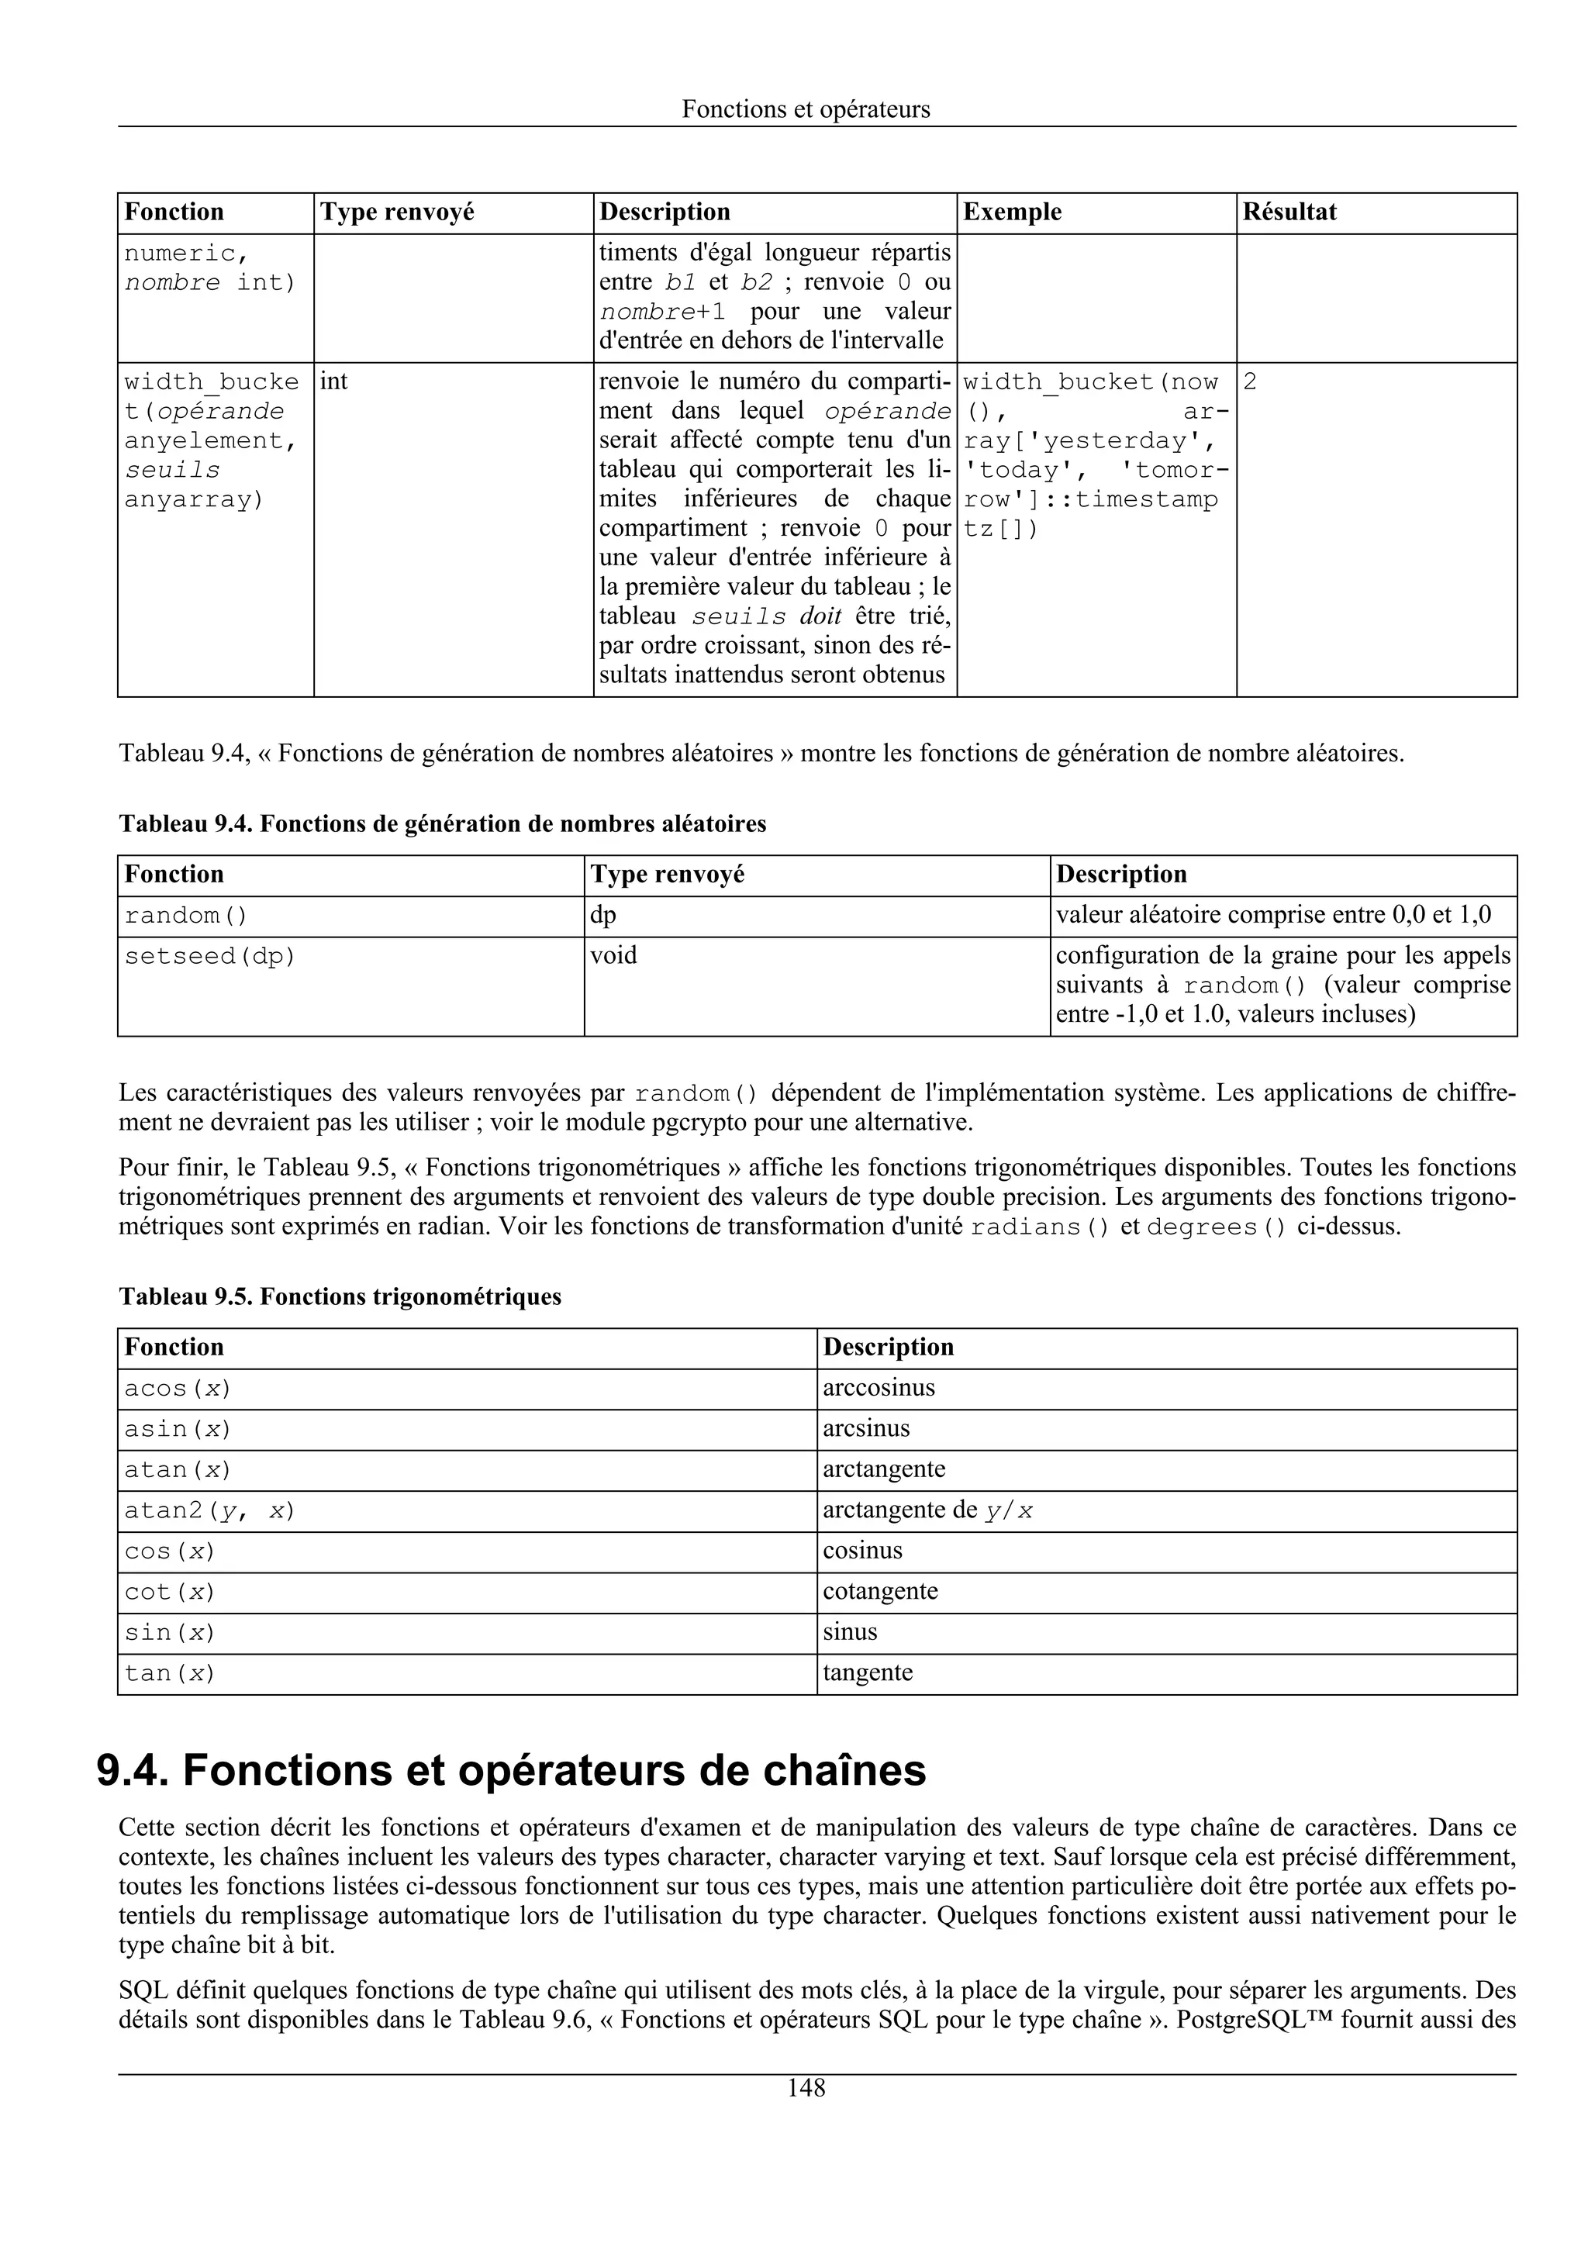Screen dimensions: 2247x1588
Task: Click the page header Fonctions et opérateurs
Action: pyautogui.click(x=806, y=109)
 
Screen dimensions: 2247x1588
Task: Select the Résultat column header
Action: pyautogui.click(x=1289, y=212)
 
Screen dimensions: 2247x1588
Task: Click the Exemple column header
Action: pyautogui.click(x=1012, y=212)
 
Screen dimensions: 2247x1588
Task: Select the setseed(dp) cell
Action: pyautogui.click(x=209, y=956)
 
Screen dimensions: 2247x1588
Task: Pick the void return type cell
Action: pyautogui.click(x=613, y=955)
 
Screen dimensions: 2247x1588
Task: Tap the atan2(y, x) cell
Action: pyautogui.click(x=209, y=1511)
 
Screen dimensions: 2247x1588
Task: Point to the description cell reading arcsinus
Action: pyautogui.click(x=866, y=1429)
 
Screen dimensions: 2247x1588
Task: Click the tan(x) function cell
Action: pyautogui.click(x=169, y=1673)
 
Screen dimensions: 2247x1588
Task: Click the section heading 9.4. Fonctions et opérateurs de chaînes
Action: pyautogui.click(x=511, y=1772)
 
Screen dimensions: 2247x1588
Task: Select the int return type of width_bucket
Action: pyautogui.click(x=333, y=381)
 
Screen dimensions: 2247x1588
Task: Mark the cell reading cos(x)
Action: pyautogui.click(x=169, y=1551)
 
